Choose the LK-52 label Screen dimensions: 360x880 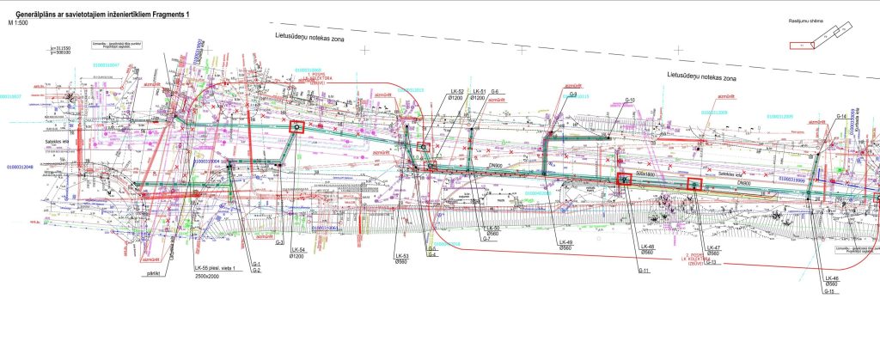tap(456, 92)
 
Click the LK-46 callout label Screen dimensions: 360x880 tap(830, 278)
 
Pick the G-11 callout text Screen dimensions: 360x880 tap(643, 271)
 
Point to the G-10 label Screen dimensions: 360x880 tap(629, 101)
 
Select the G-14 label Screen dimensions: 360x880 tap(842, 115)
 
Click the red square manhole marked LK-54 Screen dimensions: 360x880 tap(296, 127)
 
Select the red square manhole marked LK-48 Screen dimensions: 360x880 tap(624, 179)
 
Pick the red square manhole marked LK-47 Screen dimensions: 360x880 tap(694, 184)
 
